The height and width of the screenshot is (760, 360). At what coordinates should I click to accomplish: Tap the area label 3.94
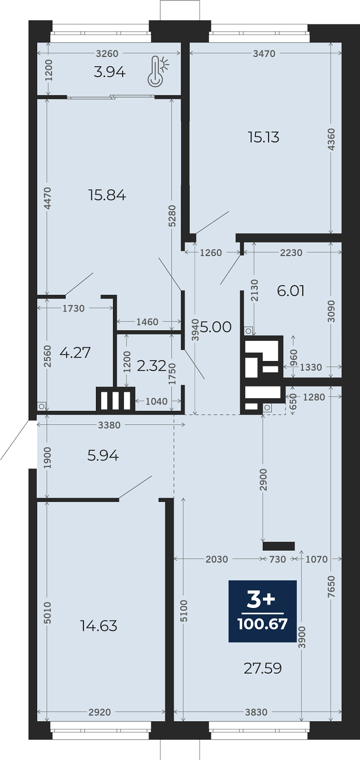click(110, 72)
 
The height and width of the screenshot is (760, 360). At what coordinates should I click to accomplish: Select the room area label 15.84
click(107, 195)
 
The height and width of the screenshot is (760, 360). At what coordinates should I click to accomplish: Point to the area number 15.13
click(263, 137)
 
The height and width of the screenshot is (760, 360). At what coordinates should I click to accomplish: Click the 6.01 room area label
click(291, 291)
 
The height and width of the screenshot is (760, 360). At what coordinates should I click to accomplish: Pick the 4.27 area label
click(75, 352)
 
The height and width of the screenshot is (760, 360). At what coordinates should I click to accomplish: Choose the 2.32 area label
click(152, 366)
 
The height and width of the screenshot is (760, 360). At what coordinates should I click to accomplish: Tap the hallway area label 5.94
click(103, 456)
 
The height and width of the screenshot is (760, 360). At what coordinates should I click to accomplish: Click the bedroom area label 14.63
click(99, 626)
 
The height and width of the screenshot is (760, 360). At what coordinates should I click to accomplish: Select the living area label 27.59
click(263, 668)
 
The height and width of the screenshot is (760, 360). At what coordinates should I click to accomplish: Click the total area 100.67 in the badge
click(263, 624)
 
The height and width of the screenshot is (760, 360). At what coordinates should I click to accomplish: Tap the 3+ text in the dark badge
click(261, 599)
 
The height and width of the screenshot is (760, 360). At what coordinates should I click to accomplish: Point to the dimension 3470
click(264, 53)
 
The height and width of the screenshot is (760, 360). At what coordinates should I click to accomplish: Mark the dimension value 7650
click(331, 587)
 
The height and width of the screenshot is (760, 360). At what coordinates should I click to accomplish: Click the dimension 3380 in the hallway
click(109, 425)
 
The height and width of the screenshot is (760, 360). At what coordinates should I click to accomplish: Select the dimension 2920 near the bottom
click(100, 712)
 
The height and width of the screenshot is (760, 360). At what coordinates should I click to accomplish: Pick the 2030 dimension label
click(217, 559)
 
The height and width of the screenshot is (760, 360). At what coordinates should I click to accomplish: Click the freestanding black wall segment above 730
click(279, 546)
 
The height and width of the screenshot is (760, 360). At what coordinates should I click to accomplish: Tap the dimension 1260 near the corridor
click(211, 253)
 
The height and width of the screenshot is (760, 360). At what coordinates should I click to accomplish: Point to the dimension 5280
click(172, 216)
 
